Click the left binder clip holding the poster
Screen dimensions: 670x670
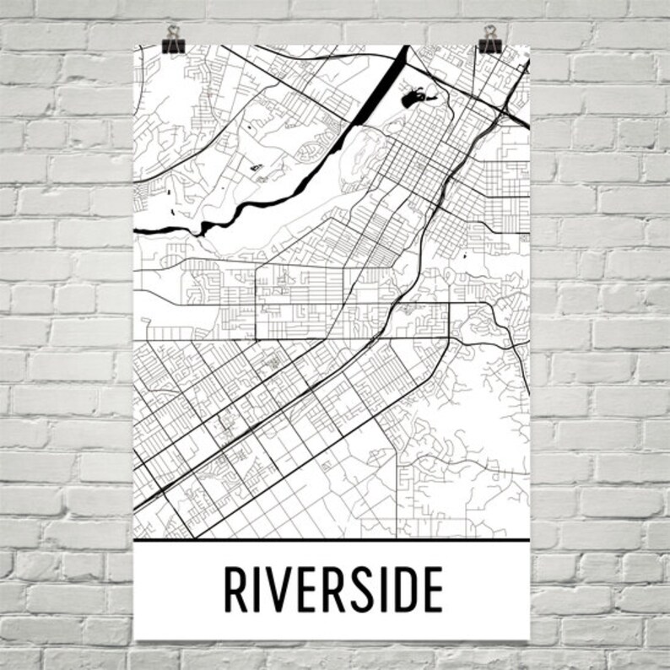point(176,37)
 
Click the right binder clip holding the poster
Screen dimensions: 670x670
point(489,37)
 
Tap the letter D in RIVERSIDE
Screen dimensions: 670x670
point(402,590)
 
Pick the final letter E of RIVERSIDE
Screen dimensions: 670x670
point(432,590)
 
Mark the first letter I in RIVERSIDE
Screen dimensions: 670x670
point(251,590)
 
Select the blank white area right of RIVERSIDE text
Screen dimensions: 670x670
point(485,590)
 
